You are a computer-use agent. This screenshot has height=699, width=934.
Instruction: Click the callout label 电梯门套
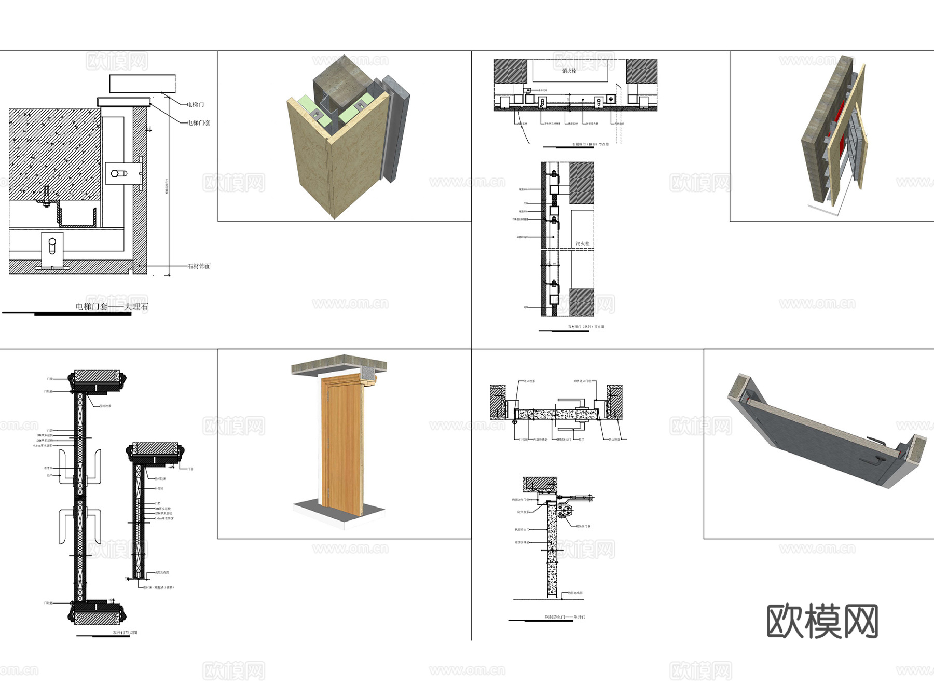[x=199, y=123]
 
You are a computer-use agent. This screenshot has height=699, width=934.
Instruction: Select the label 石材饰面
[x=199, y=266]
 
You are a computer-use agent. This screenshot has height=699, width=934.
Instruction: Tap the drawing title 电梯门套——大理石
[x=112, y=307]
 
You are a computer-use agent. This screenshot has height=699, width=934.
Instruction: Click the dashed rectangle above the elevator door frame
[x=142, y=84]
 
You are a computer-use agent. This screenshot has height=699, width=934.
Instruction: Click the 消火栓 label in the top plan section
[x=569, y=71]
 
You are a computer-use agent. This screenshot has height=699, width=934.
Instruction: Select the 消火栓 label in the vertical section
[x=582, y=243]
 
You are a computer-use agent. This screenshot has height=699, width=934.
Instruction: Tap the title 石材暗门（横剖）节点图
[x=590, y=144]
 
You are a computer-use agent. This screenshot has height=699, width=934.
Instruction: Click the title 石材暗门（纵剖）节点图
[x=586, y=327]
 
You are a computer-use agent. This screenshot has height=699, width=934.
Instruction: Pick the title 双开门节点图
[x=125, y=633]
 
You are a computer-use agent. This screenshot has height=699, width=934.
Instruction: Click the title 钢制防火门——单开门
[x=565, y=617]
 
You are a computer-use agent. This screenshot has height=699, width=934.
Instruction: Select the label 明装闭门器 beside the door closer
[x=583, y=526]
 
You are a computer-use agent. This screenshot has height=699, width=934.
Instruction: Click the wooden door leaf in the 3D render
[x=341, y=446]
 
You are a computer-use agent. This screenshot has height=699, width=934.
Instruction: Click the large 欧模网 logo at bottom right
[x=822, y=621]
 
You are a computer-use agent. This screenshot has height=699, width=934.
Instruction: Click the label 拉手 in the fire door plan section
[x=581, y=440]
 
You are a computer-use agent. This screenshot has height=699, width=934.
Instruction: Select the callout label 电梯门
[x=196, y=105]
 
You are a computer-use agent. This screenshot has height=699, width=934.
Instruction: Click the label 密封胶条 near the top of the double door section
[x=105, y=406]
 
